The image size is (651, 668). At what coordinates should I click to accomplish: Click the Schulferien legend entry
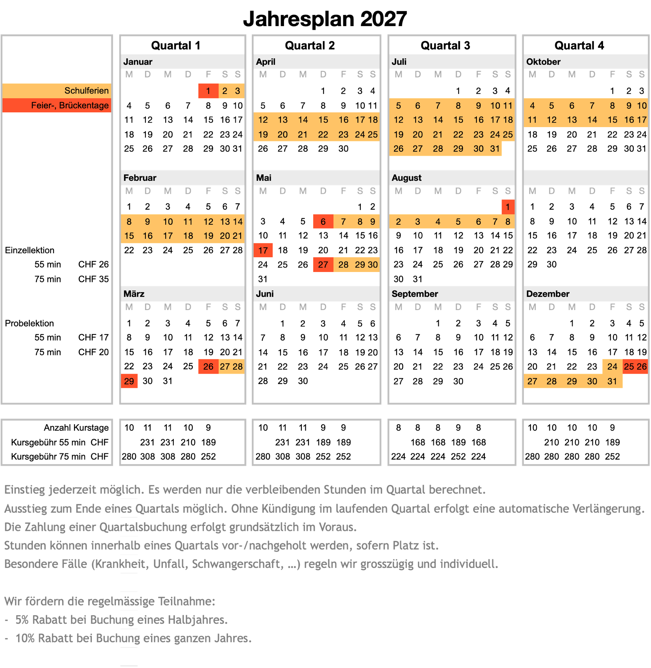tap(86, 91)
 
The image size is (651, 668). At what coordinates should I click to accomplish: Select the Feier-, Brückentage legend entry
tap(70, 106)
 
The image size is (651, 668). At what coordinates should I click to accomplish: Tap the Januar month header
tap(138, 62)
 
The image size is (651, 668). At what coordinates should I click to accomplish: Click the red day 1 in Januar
tap(208, 91)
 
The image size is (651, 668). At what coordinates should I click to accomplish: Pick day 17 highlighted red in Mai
tap(263, 250)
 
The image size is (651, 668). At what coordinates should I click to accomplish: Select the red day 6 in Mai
tap(323, 222)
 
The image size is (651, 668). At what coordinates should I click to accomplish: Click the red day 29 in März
tap(129, 381)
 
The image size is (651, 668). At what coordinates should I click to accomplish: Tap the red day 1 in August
tap(508, 207)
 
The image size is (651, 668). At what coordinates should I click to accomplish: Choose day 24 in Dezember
tap(612, 367)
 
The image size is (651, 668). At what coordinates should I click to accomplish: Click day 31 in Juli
tap(495, 149)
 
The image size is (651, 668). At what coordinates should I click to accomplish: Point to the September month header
tap(415, 294)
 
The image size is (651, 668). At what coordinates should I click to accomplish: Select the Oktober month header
tap(543, 62)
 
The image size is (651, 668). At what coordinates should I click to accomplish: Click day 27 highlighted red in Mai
tap(323, 265)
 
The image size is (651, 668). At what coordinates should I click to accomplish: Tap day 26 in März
tap(208, 367)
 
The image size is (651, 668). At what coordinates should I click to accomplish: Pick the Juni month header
tap(265, 294)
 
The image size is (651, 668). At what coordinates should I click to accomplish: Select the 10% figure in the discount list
tap(25, 638)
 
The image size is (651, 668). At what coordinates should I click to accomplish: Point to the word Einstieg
tap(24, 490)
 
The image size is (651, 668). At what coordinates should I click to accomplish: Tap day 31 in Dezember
tap(612, 381)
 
